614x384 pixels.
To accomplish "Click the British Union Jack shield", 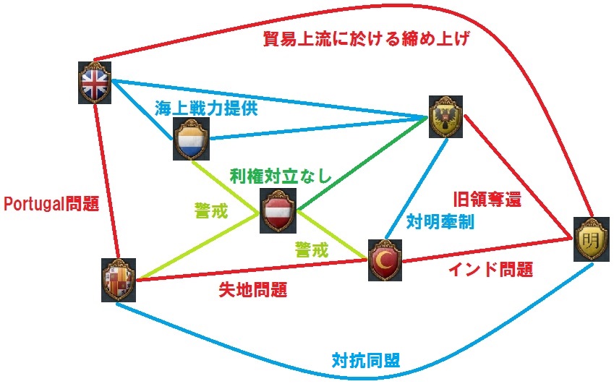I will (x=95, y=82).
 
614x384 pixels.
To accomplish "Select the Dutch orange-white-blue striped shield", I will (x=192, y=139).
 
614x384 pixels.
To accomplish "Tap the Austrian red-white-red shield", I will (x=278, y=212).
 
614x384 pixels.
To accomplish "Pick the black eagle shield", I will (x=443, y=117).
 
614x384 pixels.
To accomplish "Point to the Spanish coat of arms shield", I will (x=118, y=279).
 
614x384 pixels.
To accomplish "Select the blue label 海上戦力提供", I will (x=206, y=108).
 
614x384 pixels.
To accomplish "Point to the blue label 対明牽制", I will (x=440, y=221).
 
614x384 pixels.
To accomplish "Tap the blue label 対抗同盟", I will (x=366, y=359).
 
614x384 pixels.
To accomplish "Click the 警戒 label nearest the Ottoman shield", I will (x=311, y=249).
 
